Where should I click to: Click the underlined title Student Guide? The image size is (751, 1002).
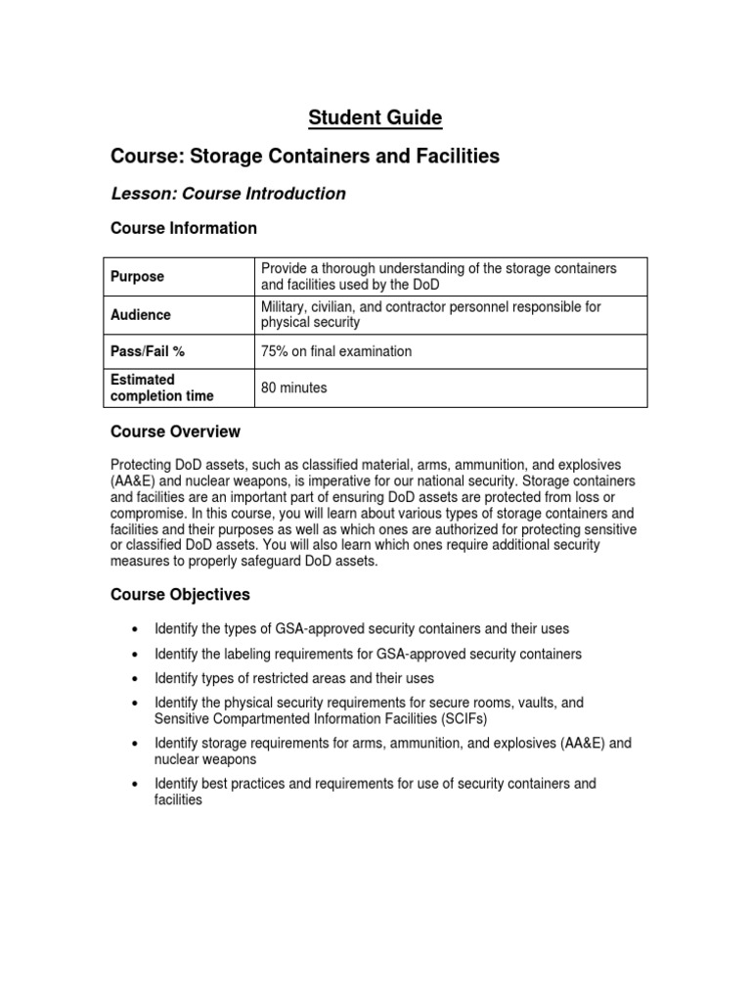pyautogui.click(x=375, y=118)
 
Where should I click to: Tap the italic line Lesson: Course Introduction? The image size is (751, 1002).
pyautogui.click(x=228, y=194)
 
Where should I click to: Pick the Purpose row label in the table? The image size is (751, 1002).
pyautogui.click(x=137, y=277)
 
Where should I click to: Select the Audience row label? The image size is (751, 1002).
pyautogui.click(x=140, y=315)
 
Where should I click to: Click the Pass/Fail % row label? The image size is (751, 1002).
pyautogui.click(x=147, y=351)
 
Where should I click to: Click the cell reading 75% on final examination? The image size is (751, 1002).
pyautogui.click(x=336, y=351)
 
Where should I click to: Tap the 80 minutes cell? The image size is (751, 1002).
pyautogui.click(x=294, y=388)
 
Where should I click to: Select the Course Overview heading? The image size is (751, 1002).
pyautogui.click(x=175, y=432)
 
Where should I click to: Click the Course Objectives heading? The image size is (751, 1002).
pyautogui.click(x=180, y=594)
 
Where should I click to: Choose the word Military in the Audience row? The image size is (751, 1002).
pyautogui.click(x=286, y=307)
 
